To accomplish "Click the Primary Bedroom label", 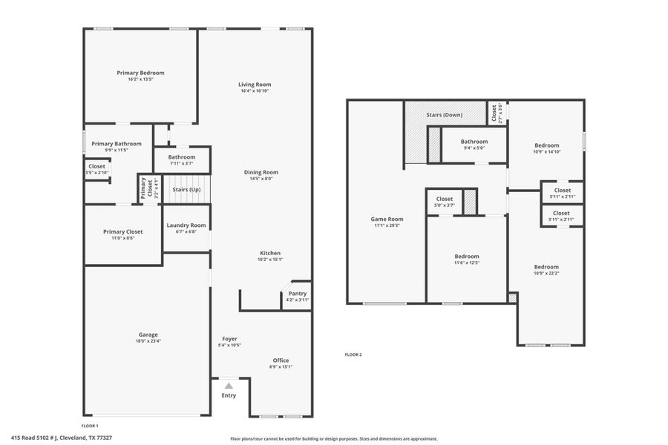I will point(140,73).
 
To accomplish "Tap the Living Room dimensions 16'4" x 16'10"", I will point(254,91).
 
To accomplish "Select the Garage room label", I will point(148,334).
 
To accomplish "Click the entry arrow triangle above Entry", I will point(229,386).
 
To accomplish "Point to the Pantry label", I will point(297,294).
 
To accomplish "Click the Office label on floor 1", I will point(281,360).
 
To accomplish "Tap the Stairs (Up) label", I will point(186,190).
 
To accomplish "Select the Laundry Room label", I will point(186,225).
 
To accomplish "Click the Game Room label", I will point(387,219).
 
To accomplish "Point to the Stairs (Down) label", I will point(445,115).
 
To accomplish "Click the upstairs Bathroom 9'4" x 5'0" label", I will point(474,142).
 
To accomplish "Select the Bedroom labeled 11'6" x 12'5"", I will point(467,257).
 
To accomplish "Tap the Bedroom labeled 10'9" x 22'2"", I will point(546,267).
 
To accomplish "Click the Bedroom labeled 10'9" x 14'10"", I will point(546,145).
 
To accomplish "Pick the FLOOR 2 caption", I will point(353,355).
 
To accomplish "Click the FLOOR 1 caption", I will point(89,426).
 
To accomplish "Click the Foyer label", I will point(229,339).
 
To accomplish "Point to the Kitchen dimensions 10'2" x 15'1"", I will point(269,260).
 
